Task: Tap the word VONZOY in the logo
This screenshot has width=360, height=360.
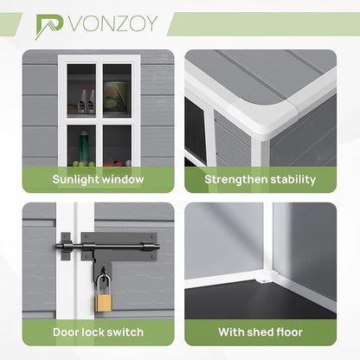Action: pyautogui.click(x=113, y=23)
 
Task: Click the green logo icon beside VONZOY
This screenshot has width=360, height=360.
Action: pyautogui.click(x=49, y=27)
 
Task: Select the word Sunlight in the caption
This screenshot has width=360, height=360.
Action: pyautogui.click(x=75, y=179)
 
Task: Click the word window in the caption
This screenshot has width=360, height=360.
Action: pyautogui.click(x=123, y=179)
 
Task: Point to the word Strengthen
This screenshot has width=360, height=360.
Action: pyautogui.click(x=236, y=179)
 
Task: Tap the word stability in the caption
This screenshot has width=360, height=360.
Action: pyautogui.click(x=293, y=179)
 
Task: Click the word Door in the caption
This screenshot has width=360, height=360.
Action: pyautogui.click(x=66, y=332)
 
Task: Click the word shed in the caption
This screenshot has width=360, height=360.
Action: pyautogui.click(x=260, y=332)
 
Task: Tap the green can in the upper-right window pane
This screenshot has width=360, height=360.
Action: pyautogui.click(x=115, y=96)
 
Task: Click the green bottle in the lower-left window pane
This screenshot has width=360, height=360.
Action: pyautogui.click(x=84, y=146)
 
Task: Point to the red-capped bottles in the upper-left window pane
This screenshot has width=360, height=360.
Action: pyautogui.click(x=87, y=99)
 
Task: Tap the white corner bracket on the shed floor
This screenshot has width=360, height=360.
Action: pyautogui.click(x=266, y=278)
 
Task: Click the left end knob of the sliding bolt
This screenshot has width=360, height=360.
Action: pyautogui.click(x=58, y=246)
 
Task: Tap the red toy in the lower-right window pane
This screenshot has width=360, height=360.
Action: pyautogui.click(x=115, y=163)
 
